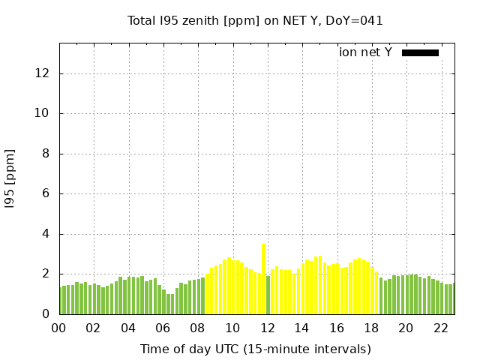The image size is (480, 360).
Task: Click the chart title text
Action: [255, 20]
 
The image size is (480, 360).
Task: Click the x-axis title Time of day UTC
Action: [255, 349]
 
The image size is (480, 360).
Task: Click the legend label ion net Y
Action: [365, 52]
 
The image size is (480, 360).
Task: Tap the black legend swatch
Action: [420, 52]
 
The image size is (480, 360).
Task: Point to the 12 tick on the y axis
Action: [43, 73]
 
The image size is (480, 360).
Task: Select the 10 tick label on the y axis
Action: [43, 114]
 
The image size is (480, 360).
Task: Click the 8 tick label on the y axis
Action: [46, 154]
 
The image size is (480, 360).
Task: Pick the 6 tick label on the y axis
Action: [46, 194]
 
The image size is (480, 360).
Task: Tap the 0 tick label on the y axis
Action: [46, 314]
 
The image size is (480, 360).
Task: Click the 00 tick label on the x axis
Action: [59, 328]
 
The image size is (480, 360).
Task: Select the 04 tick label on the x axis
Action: [128, 328]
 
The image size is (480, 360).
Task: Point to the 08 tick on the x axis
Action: [198, 328]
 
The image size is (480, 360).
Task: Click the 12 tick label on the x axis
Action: [267, 328]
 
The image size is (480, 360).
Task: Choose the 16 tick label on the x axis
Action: [336, 328]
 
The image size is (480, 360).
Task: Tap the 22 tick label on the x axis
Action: [440, 328]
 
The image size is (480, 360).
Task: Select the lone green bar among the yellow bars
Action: [268, 295]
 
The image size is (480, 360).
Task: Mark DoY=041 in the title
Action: [357, 20]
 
